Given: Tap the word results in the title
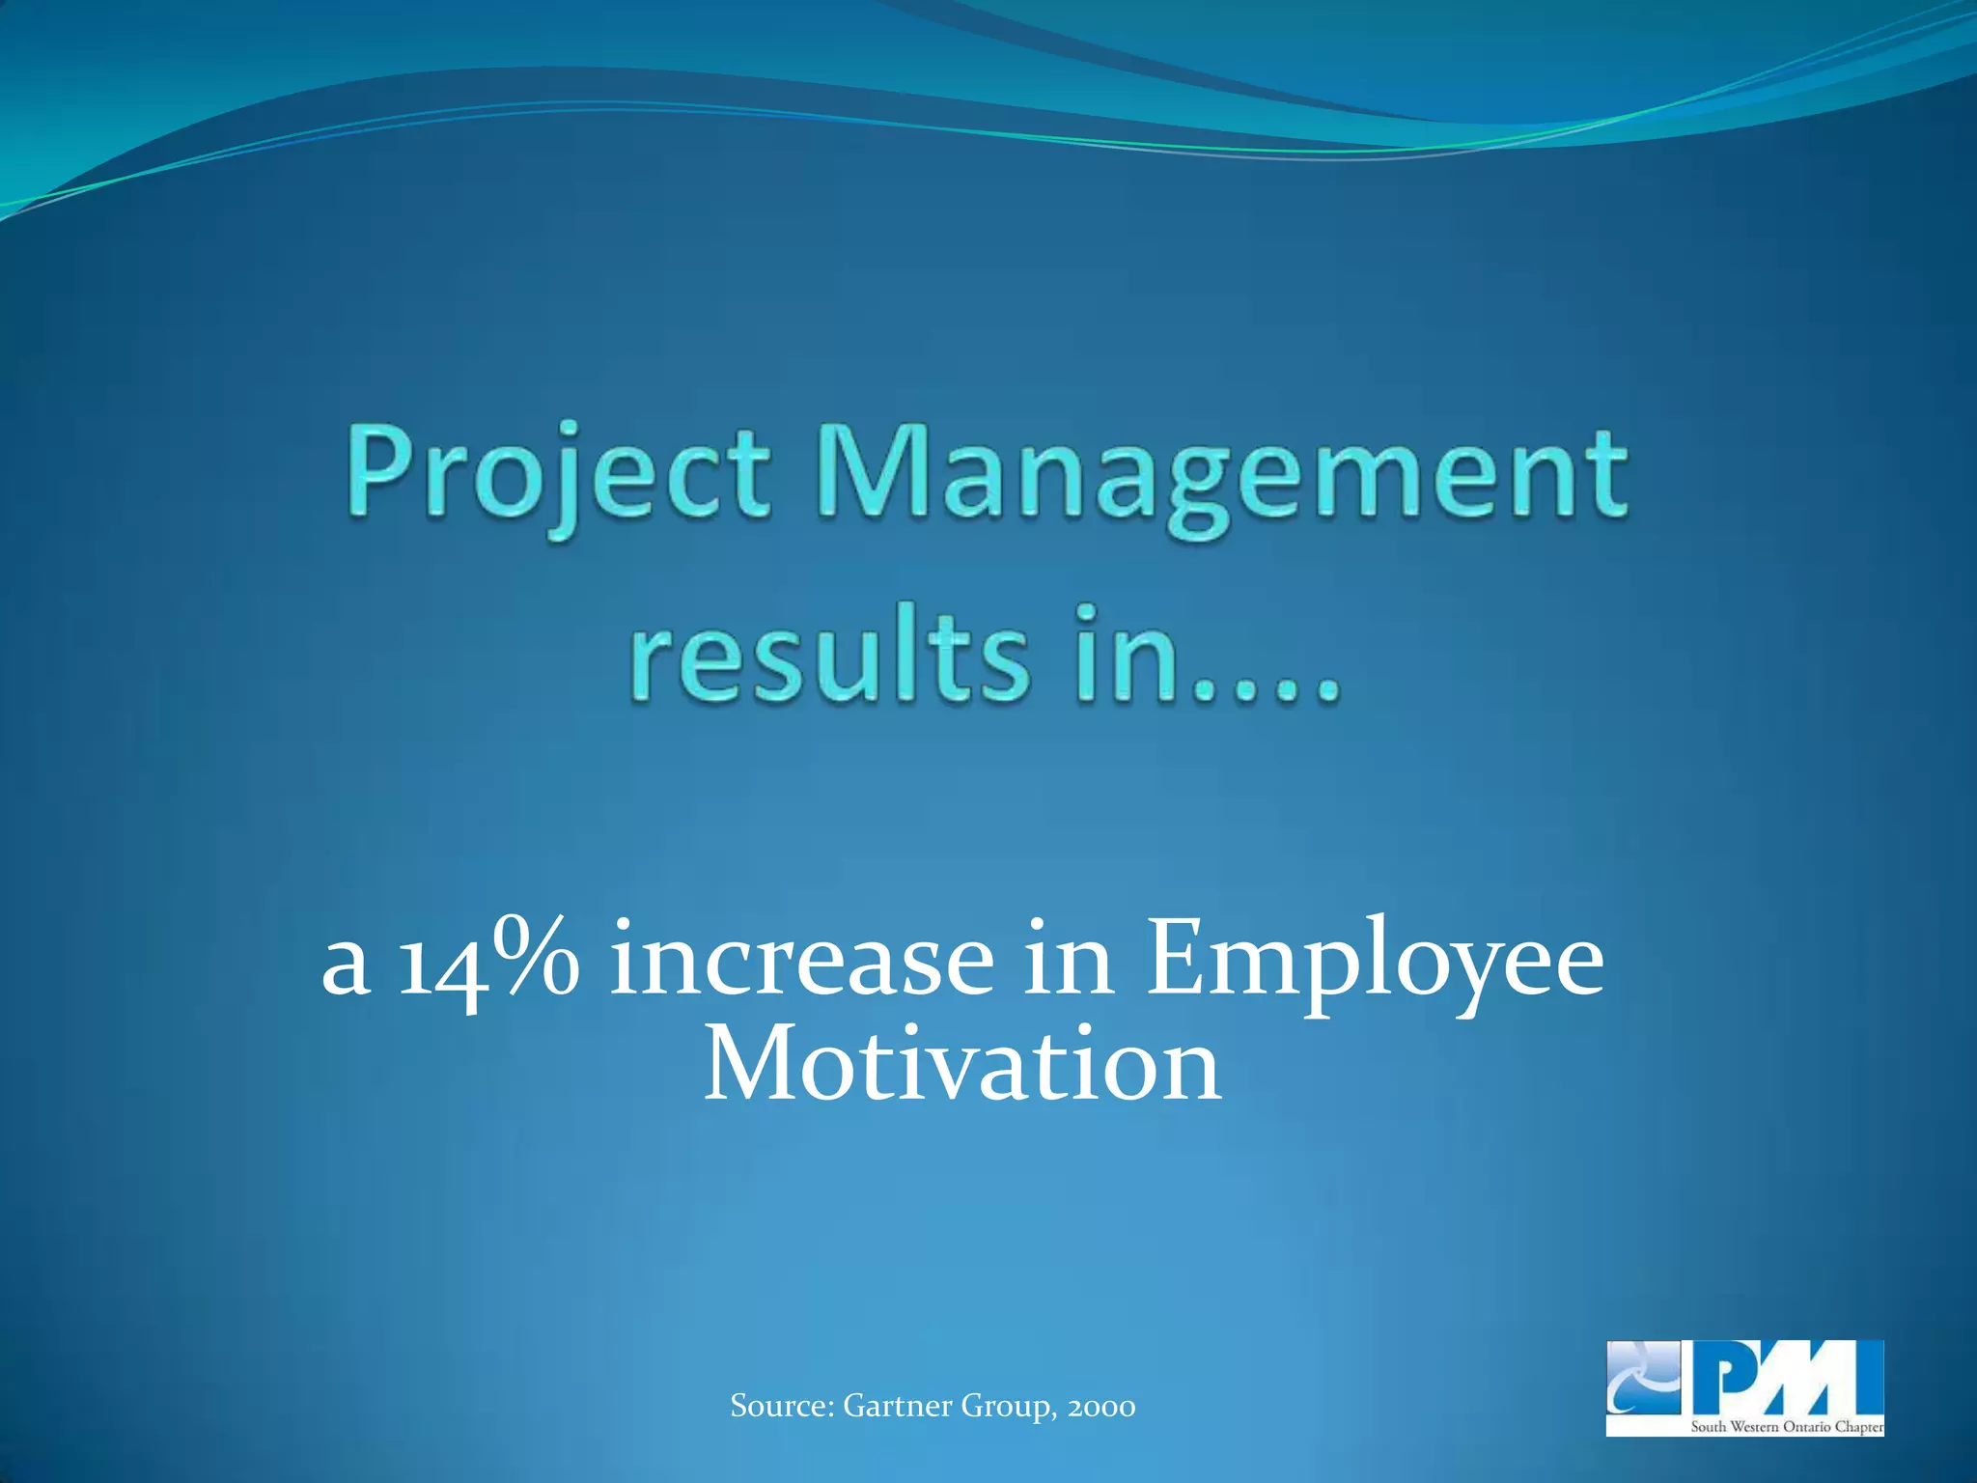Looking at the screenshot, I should pos(829,657).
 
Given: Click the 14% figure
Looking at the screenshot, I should pos(490,962).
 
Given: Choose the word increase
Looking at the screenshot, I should pos(801,962).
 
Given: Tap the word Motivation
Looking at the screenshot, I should pos(962,1066).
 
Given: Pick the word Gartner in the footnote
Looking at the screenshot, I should pos(897,1406).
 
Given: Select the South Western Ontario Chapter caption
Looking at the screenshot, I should pos(1786,1426).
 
